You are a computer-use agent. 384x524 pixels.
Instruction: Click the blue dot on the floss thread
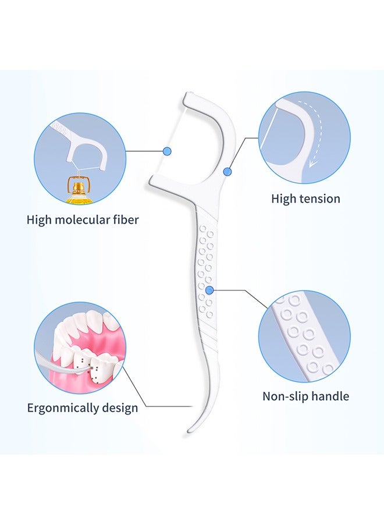click(x=168, y=151)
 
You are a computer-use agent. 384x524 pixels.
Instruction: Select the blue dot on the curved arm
click(x=227, y=172)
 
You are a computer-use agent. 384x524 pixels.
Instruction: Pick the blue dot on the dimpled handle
click(x=209, y=291)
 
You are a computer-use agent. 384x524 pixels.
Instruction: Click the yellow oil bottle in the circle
click(x=80, y=190)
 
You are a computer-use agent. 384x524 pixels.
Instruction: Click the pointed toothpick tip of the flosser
click(x=189, y=431)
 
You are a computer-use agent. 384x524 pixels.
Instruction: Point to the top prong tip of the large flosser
click(x=187, y=95)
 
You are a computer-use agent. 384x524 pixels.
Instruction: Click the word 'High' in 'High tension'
click(x=283, y=199)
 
